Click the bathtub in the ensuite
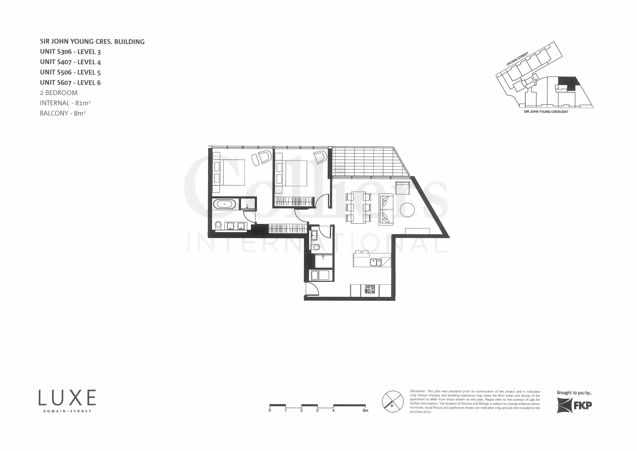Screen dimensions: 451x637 click(225, 205)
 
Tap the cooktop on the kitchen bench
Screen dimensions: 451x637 click(370, 289)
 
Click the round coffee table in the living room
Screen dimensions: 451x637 click(407, 209)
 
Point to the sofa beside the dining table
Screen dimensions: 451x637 click(386, 209)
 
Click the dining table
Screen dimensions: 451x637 click(358, 207)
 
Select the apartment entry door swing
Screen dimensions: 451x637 click(312, 289)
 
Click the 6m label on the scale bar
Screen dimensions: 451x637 click(365, 411)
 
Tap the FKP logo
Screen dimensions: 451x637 click(574, 405)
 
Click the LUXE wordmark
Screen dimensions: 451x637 click(67, 398)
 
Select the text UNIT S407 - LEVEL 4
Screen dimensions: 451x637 click(70, 62)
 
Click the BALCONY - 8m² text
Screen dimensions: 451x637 click(63, 113)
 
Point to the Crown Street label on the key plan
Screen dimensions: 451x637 click(517, 59)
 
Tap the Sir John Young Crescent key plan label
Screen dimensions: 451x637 click(546, 112)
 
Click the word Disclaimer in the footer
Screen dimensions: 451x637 click(418, 391)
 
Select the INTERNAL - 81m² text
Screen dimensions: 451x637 click(65, 103)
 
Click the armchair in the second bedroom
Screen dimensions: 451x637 click(320, 157)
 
